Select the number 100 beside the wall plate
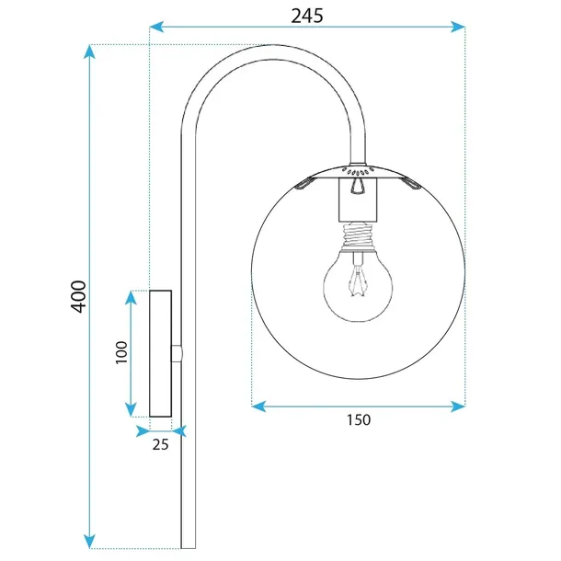[120, 353]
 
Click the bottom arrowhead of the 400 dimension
[89, 543]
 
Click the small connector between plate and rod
[177, 353]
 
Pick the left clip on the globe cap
[305, 187]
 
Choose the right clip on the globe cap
[411, 187]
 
